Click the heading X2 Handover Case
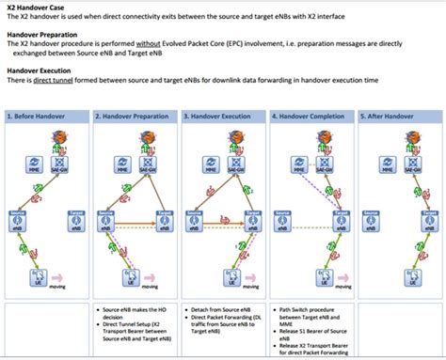36,6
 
